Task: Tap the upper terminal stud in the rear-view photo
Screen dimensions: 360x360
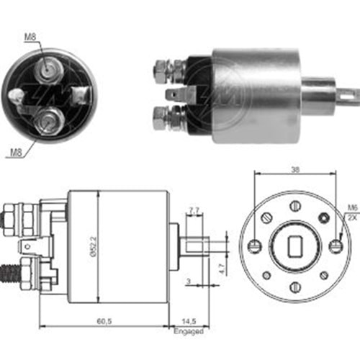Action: click(x=49, y=68)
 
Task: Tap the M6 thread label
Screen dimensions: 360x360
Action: click(x=351, y=208)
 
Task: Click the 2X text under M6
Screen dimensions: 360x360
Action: click(x=351, y=216)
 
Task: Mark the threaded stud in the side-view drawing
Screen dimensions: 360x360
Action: click(x=11, y=272)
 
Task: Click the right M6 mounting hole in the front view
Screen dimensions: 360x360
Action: click(x=334, y=247)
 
